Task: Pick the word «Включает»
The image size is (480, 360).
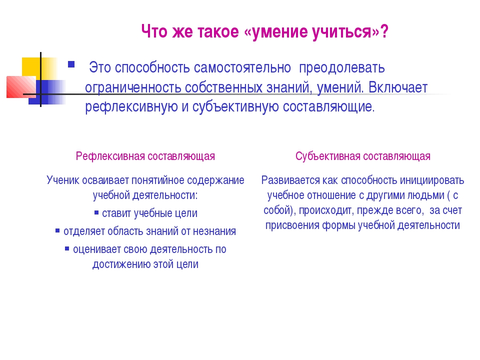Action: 397,87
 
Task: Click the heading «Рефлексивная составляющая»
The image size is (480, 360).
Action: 145,156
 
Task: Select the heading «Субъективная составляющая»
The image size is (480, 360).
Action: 363,156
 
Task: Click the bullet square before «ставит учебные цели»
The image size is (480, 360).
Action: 96,212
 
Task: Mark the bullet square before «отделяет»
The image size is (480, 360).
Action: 57,230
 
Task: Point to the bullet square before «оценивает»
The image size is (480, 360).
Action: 67,248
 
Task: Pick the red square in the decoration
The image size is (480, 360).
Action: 21,87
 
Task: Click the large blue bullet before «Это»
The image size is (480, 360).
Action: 71,64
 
